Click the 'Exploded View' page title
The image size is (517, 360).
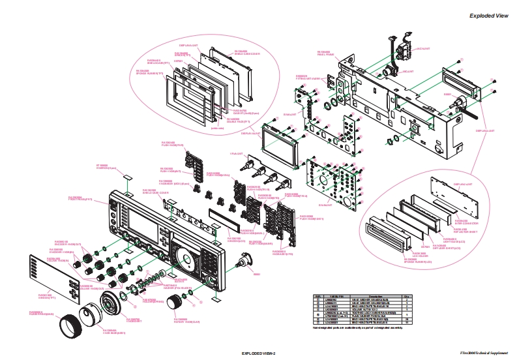[x=488, y=16]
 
